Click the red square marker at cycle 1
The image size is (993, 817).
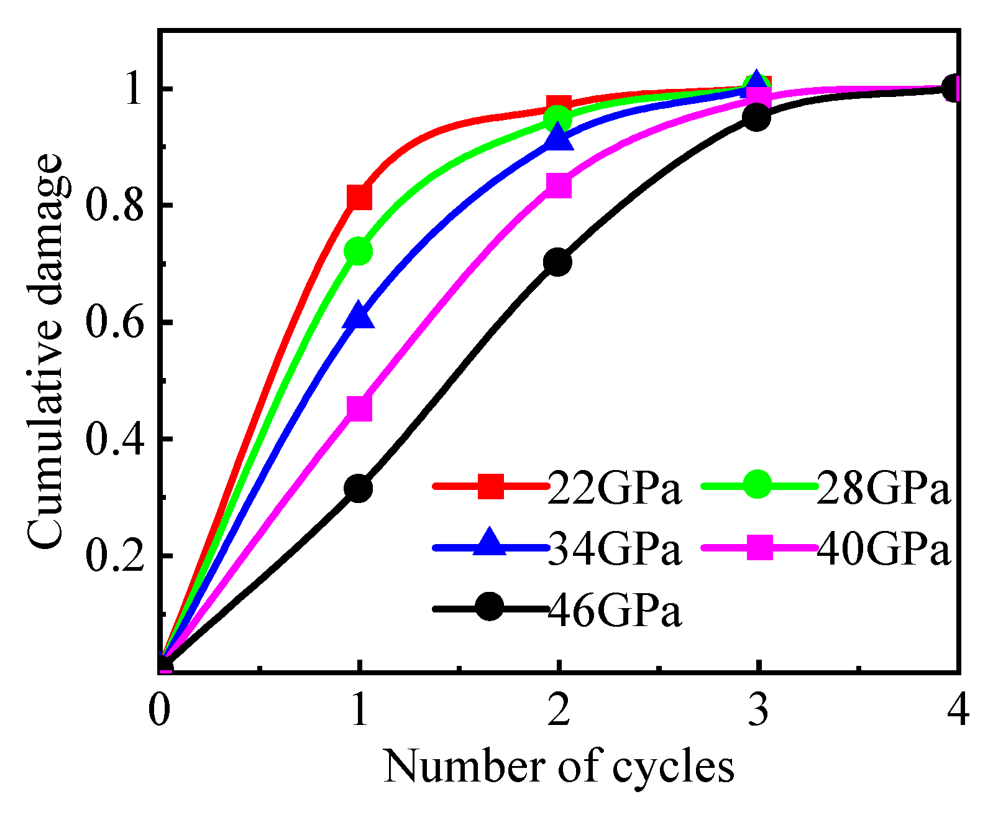pos(359,197)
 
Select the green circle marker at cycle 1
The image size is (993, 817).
pos(359,251)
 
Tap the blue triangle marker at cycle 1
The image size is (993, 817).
pos(359,316)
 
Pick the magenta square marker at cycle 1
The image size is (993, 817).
pos(359,408)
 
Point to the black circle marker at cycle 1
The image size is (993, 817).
pos(359,488)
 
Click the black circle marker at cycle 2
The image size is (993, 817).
pos(557,262)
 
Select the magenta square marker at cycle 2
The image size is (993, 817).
pos(558,185)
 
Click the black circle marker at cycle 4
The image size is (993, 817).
pos(954,89)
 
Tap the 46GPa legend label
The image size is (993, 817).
pos(615,611)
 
